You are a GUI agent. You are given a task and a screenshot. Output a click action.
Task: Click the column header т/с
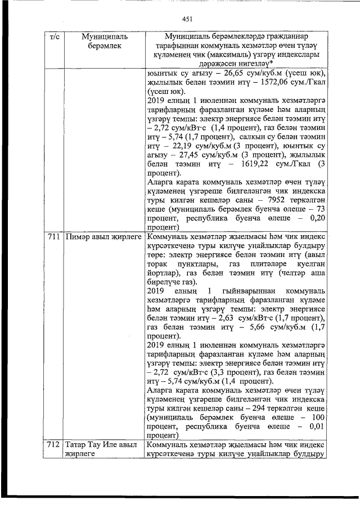(x=55, y=37)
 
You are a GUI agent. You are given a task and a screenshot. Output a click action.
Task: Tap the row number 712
(x=54, y=445)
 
